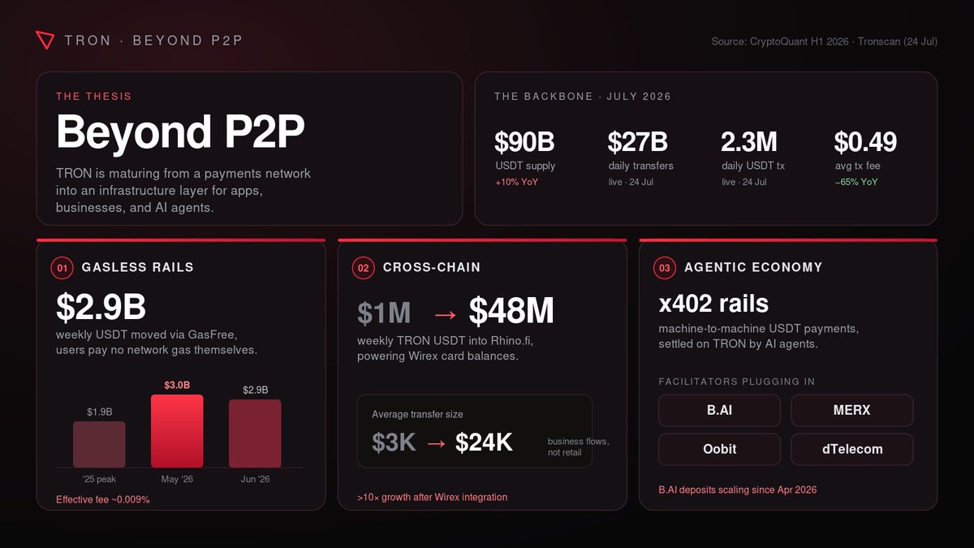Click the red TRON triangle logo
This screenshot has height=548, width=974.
45,40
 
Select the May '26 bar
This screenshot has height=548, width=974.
177,431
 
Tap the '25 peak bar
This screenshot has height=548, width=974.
99,444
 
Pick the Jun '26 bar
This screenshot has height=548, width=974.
255,434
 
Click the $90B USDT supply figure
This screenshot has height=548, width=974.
524,141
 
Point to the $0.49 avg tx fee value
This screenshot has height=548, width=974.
865,141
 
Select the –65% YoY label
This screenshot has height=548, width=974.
856,182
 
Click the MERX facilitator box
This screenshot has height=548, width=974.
851,410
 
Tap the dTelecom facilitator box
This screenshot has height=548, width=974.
851,449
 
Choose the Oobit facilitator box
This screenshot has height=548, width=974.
719,449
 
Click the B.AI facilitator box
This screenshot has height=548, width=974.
719,410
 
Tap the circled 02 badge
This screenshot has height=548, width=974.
363,268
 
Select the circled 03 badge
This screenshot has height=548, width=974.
665,268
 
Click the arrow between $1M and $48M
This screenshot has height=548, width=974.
446,314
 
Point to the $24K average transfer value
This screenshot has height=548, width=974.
484,442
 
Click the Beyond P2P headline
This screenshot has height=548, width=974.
180,131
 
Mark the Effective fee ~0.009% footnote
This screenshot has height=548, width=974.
102,499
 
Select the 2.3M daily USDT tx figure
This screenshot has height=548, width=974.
748,141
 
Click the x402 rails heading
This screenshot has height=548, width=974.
713,303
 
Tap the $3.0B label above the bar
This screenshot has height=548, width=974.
177,385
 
